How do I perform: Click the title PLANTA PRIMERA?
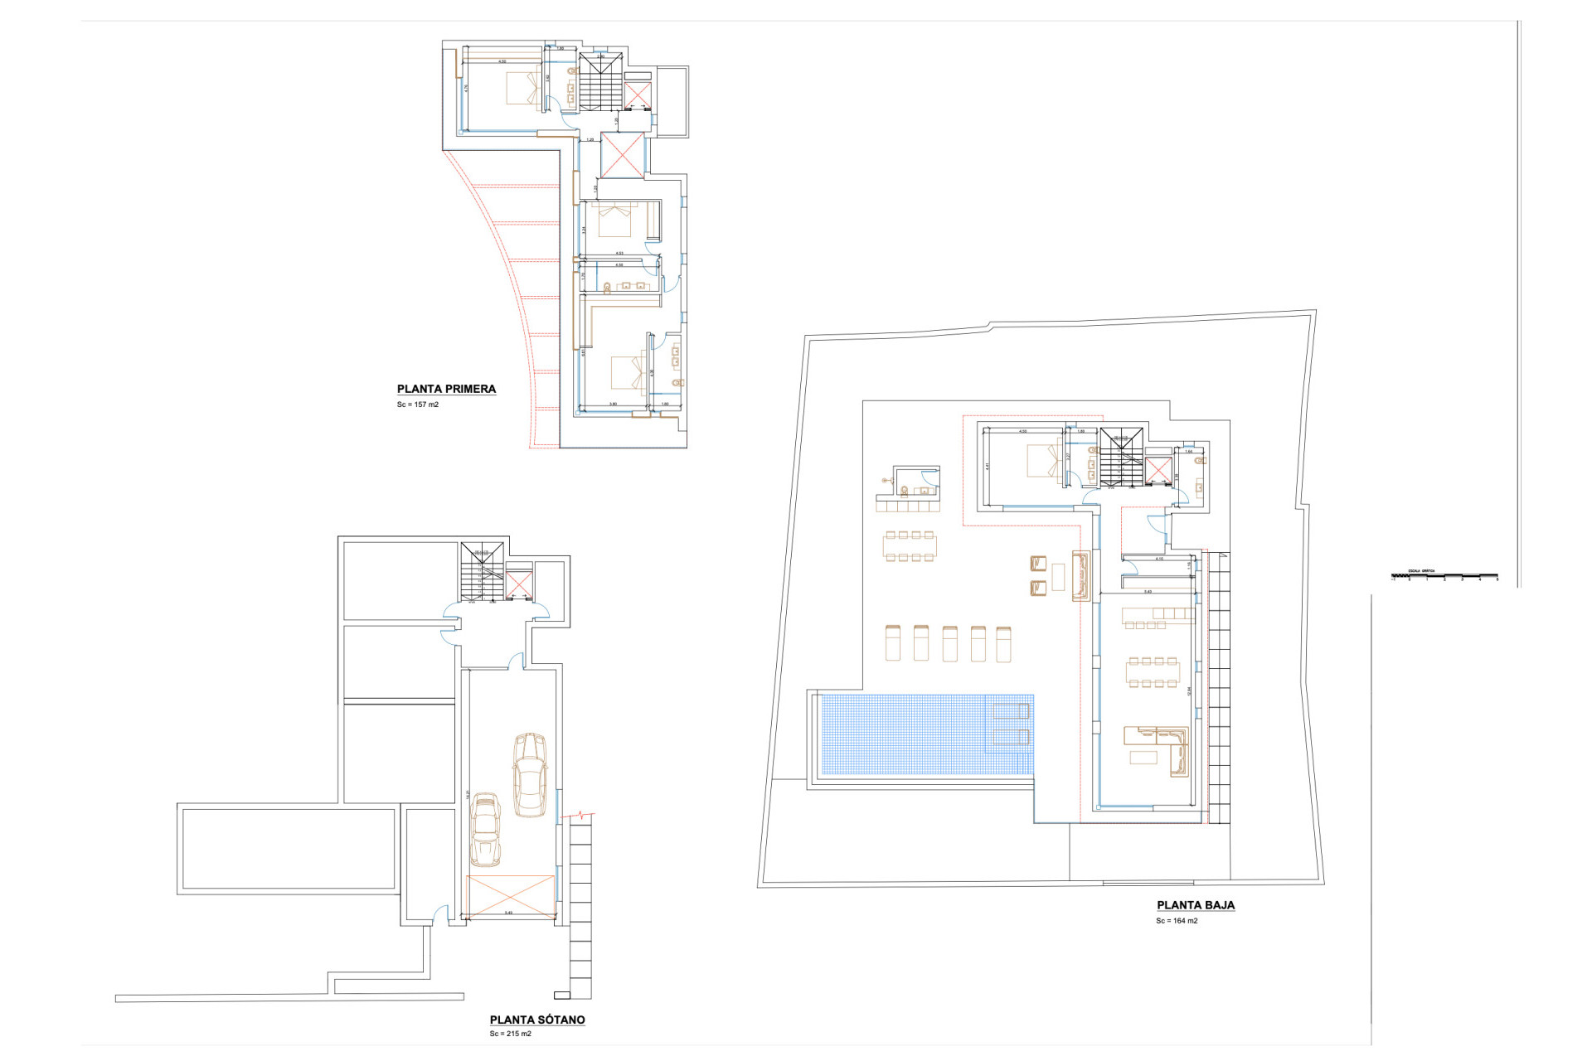[446, 389]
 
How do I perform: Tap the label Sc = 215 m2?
[510, 1034]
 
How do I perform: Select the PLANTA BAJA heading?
[1195, 905]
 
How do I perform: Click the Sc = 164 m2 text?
[1177, 921]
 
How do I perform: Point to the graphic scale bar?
[1444, 575]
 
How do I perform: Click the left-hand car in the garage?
[485, 830]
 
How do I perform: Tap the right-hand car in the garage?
[529, 775]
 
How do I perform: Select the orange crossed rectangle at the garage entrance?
[510, 896]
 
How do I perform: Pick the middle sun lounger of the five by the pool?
[949, 643]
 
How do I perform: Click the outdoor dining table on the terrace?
[910, 546]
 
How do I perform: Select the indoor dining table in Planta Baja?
[1152, 672]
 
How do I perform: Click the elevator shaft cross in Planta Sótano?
[519, 584]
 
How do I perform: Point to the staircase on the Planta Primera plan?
[599, 81]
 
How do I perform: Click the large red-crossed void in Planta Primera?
[622, 155]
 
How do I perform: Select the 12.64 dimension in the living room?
[1189, 690]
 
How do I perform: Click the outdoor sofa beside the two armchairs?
[1080, 575]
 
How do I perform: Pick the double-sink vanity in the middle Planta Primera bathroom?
[633, 286]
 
